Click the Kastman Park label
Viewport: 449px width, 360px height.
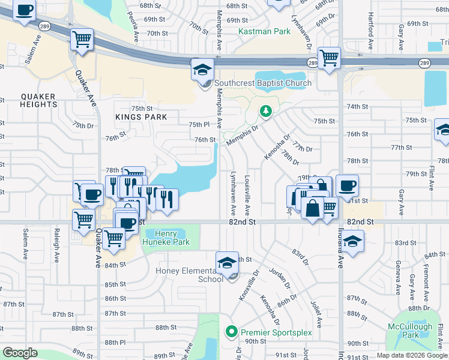(264, 31)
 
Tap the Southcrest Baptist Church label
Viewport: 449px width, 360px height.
(263, 83)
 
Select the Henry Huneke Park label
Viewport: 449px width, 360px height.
(164, 238)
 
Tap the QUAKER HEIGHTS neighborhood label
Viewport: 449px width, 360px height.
(38, 100)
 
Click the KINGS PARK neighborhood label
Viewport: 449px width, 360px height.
(141, 116)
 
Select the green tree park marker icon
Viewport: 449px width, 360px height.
(265, 111)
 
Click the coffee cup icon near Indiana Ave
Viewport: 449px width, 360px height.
(347, 186)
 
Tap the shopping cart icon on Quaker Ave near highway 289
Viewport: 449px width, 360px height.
(82, 40)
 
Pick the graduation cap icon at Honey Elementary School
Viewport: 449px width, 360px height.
(227, 262)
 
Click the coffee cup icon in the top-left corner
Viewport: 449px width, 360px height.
(24, 11)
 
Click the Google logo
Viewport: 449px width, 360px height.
(20, 353)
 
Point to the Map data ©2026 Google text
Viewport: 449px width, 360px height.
(411, 355)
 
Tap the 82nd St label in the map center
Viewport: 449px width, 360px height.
(243, 221)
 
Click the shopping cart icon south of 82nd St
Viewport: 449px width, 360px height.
(113, 238)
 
